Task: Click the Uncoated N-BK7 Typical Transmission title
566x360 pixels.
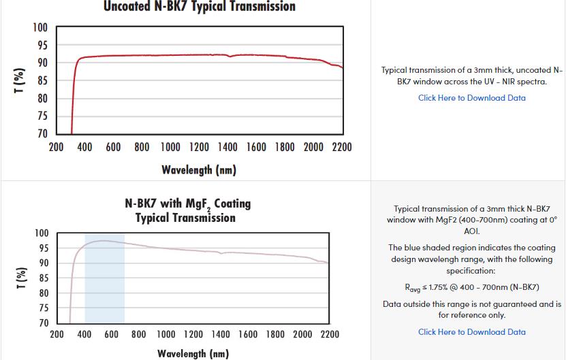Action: click(200, 7)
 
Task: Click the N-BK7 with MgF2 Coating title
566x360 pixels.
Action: click(188, 203)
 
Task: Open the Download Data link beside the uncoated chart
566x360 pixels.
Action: click(471, 98)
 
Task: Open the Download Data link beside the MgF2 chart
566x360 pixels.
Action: click(471, 332)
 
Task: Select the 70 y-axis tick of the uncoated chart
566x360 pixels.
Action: click(42, 133)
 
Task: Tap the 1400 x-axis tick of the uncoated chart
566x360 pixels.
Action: click(227, 147)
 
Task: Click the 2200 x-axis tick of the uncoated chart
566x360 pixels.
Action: click(342, 147)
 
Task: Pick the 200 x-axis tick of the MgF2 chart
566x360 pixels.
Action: click(57, 335)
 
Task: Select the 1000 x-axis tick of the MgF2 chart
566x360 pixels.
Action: click(166, 335)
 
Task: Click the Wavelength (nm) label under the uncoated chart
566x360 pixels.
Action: click(199, 169)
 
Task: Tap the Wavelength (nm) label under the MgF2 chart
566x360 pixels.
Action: click(193, 353)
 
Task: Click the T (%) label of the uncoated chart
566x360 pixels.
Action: click(20, 80)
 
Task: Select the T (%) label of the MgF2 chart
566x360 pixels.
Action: click(20, 278)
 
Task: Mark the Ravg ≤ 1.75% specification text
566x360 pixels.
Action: click(471, 287)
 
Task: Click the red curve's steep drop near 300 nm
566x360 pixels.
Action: click(73, 102)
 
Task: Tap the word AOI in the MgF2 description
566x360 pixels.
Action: click(471, 231)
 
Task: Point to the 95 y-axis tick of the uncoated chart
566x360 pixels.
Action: click(42, 46)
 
